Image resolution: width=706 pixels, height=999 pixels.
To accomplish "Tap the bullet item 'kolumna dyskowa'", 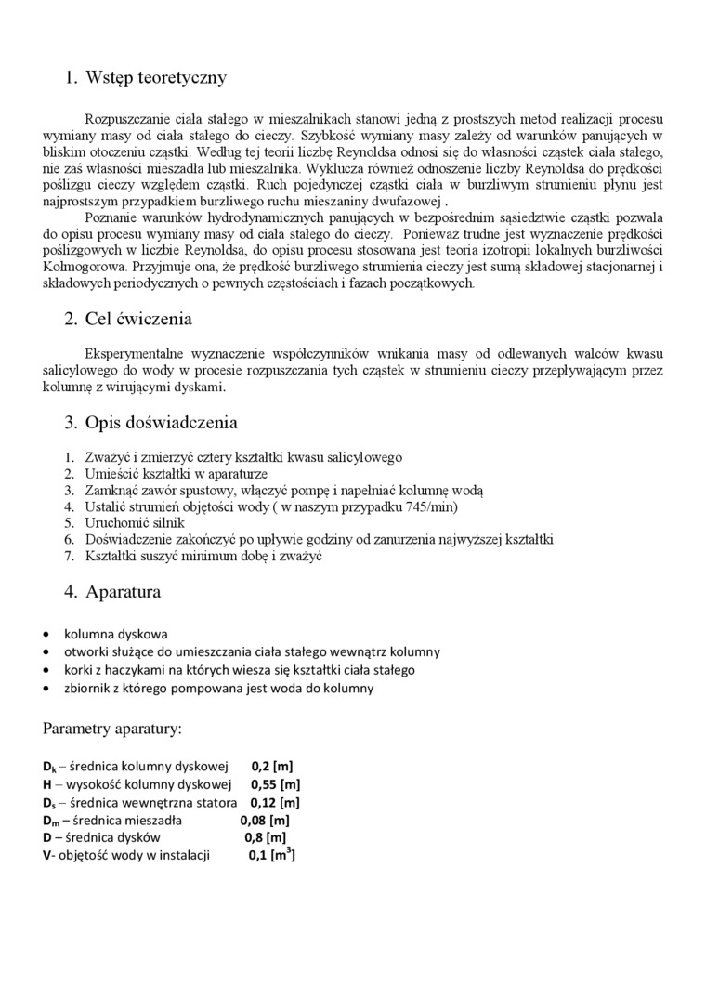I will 115,634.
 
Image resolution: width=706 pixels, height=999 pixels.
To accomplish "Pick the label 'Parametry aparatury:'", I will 112,727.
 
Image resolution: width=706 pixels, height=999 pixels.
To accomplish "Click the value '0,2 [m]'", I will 272,767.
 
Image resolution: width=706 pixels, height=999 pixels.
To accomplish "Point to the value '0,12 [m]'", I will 277,802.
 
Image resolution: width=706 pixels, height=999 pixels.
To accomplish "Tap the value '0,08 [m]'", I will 265,820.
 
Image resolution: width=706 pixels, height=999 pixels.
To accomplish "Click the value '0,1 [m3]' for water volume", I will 271,856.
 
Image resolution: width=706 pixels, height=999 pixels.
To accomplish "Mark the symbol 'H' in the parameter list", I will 46,784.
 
